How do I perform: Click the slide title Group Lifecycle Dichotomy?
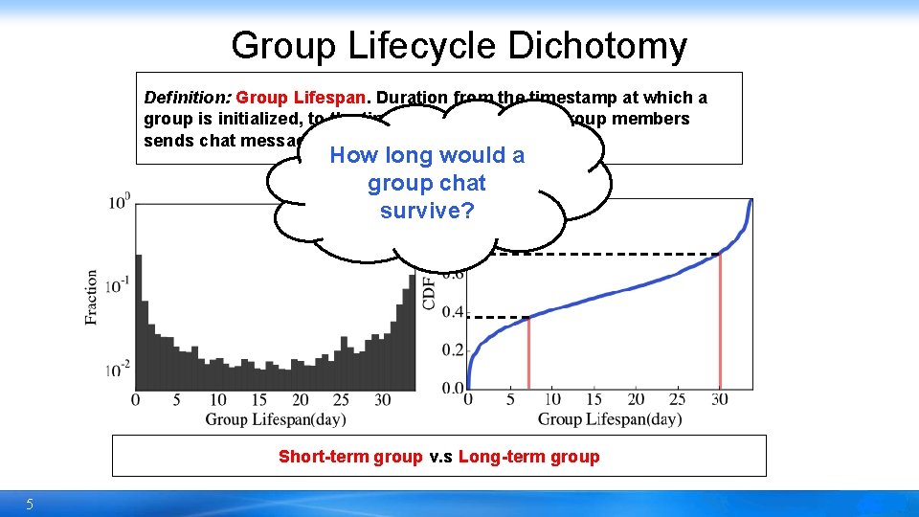[x=459, y=45]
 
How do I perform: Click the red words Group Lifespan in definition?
[x=303, y=98]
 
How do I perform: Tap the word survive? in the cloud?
[x=427, y=211]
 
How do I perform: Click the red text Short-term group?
[x=349, y=457]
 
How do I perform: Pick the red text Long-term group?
[x=528, y=457]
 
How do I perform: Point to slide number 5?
[x=30, y=504]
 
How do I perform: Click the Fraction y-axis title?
[x=92, y=297]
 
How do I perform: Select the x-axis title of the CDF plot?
[x=610, y=418]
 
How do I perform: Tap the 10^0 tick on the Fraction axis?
[x=120, y=202]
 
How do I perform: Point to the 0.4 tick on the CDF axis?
[x=453, y=312]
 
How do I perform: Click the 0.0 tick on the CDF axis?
[x=453, y=388]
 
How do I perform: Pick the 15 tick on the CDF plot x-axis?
[x=594, y=399]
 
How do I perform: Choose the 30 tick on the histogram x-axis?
[x=383, y=399]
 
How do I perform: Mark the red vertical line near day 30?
[x=720, y=321]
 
